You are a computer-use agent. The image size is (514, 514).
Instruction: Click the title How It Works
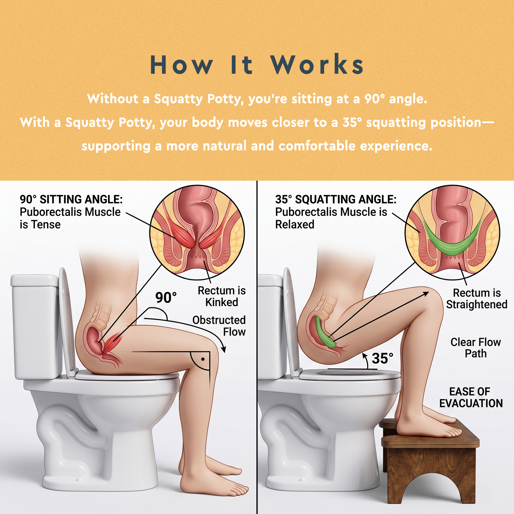257,65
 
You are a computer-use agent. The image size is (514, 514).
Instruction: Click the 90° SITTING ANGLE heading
71,199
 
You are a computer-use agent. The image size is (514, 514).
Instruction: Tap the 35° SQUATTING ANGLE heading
336,199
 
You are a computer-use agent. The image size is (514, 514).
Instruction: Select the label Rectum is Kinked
222,296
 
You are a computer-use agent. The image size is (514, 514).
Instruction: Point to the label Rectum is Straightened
477,298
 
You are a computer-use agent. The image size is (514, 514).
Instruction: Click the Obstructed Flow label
219,326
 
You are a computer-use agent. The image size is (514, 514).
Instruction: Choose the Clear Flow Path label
476,348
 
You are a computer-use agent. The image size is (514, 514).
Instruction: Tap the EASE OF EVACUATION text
471,398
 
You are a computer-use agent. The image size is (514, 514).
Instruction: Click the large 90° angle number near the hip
166,297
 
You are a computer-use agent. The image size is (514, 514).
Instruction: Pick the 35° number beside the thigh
383,358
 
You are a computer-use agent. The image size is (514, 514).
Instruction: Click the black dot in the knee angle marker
203,359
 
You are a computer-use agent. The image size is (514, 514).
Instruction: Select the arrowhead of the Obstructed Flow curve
224,349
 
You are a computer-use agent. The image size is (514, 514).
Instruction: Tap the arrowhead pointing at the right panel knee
425,293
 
